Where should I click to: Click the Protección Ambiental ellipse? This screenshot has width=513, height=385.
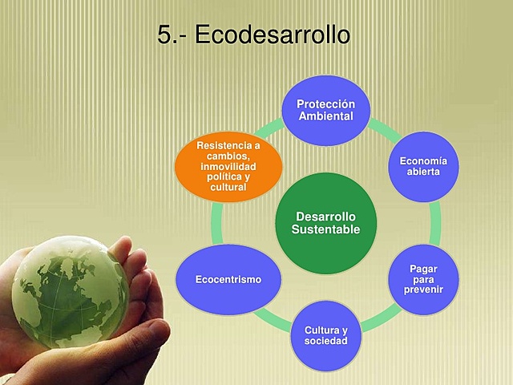coord(325,110)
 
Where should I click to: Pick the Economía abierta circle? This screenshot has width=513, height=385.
coord(423,166)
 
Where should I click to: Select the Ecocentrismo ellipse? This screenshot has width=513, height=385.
coord(228,279)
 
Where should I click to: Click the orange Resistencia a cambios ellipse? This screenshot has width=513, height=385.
coord(228,166)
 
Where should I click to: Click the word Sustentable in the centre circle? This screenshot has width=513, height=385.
coord(325,230)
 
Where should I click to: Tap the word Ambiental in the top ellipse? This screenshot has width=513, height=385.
coord(325,116)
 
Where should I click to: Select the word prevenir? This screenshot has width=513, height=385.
coord(423,289)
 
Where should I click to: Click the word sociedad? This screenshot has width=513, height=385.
coord(325,342)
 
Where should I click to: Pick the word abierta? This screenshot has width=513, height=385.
coord(423,172)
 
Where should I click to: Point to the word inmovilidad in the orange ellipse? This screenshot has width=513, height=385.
coord(228,166)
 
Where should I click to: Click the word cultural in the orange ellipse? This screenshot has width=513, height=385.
coord(228,187)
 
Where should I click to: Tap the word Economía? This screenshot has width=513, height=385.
coord(423,161)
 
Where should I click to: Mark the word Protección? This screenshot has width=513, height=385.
coord(325,104)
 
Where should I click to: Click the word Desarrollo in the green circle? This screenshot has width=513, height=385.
coord(325,217)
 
